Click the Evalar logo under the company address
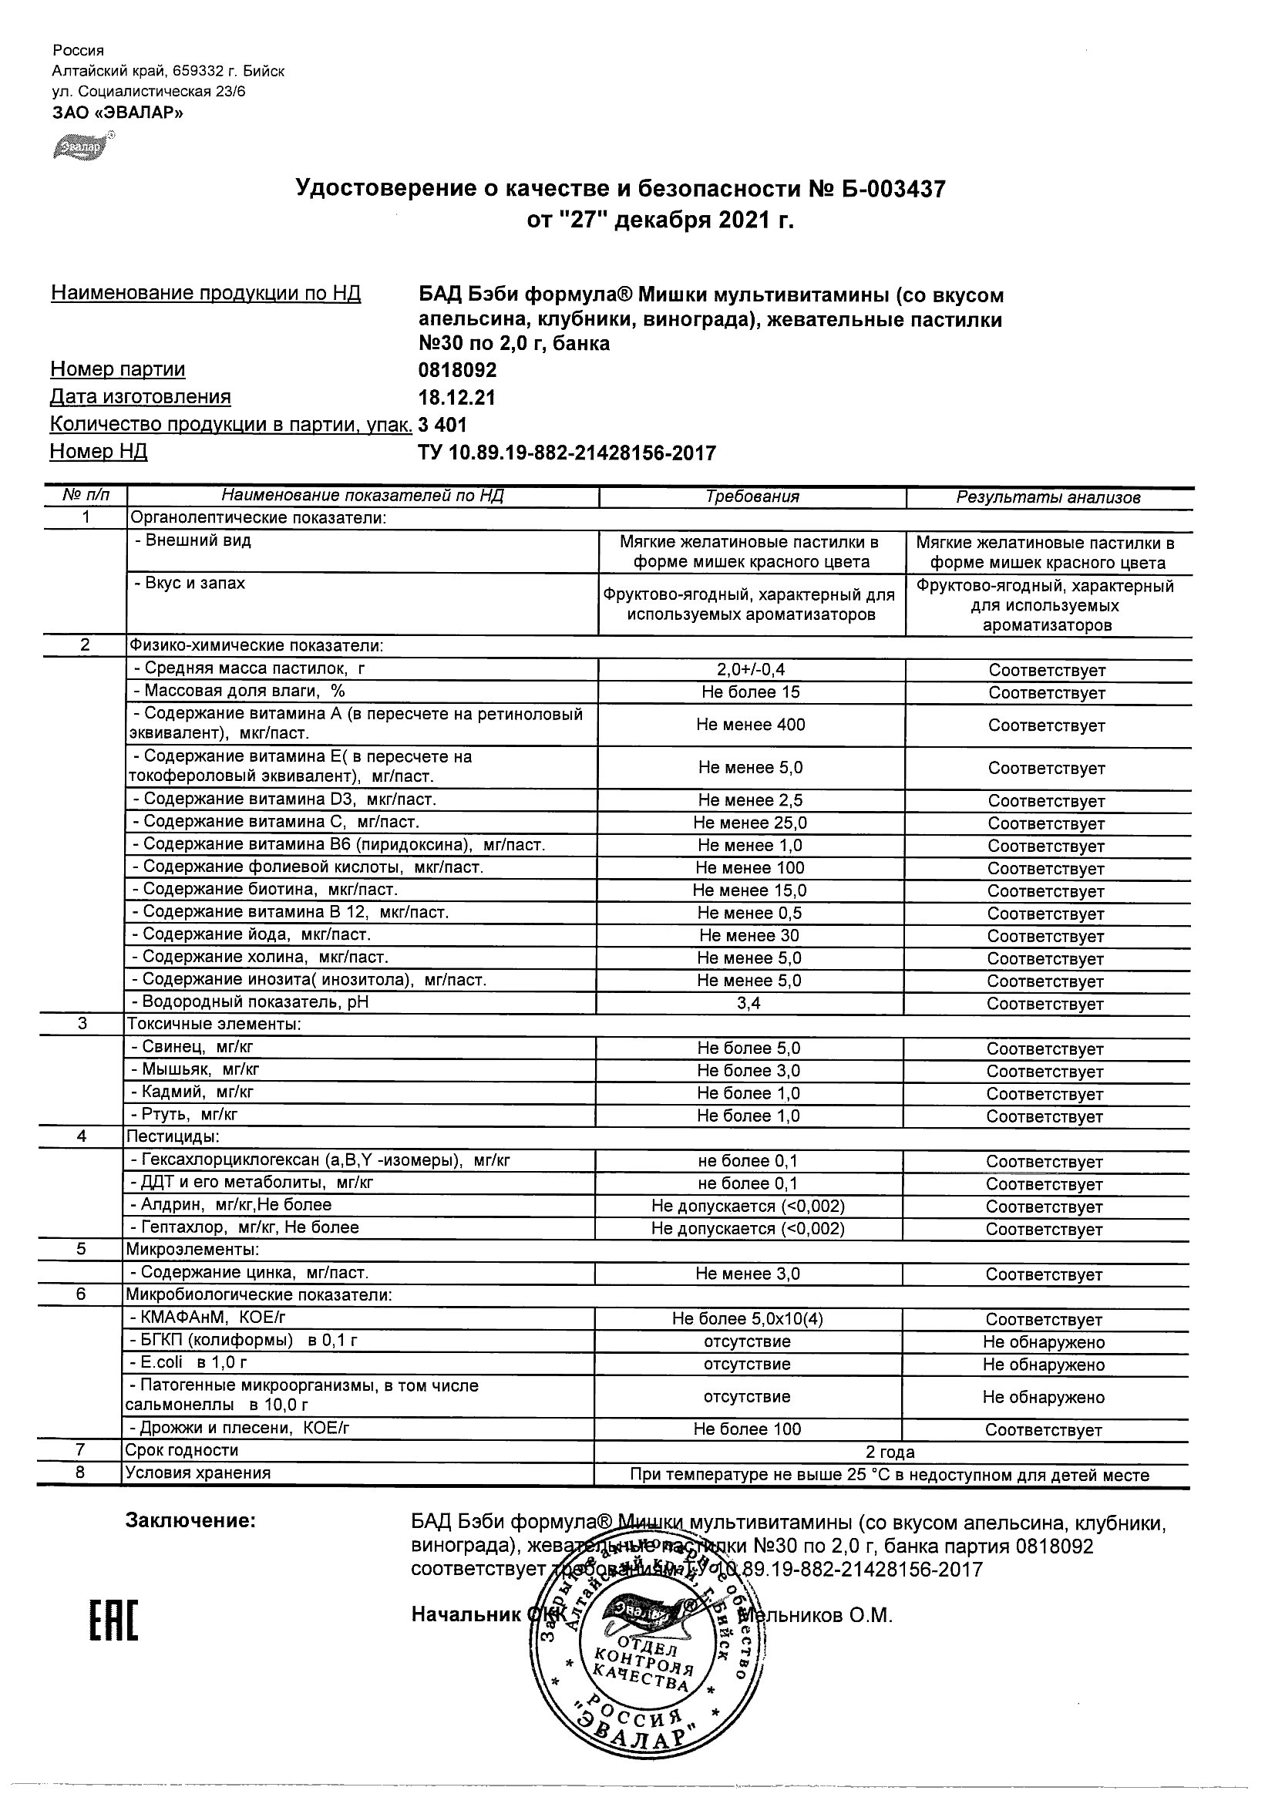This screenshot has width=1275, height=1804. (x=83, y=146)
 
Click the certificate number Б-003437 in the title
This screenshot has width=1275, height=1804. (x=886, y=189)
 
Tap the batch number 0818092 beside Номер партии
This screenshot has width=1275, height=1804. (x=457, y=370)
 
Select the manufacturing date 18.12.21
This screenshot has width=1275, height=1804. (x=456, y=398)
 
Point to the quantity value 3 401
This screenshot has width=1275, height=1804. (x=442, y=425)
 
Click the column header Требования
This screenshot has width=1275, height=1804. (x=752, y=496)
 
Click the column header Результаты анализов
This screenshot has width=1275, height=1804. (x=1048, y=497)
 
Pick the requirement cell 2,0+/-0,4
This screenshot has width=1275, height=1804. (x=751, y=670)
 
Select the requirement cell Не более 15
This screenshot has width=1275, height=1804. (x=751, y=692)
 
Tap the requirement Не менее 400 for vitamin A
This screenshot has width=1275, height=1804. (x=750, y=725)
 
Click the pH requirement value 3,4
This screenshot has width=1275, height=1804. (x=749, y=1003)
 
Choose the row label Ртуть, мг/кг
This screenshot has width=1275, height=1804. (x=183, y=1114)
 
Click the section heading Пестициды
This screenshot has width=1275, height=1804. (x=173, y=1137)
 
